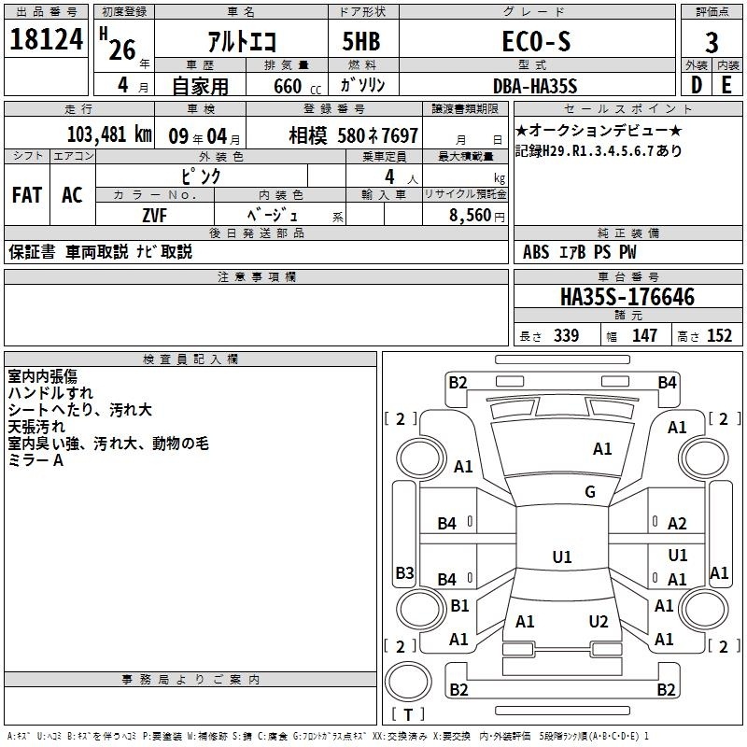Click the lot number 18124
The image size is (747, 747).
click(46, 39)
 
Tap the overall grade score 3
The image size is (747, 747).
click(712, 43)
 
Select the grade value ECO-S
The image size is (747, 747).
click(536, 41)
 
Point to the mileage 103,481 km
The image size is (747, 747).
click(109, 134)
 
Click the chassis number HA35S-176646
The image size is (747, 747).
click(627, 297)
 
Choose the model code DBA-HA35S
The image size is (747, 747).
click(535, 86)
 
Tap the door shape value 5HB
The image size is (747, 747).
click(361, 41)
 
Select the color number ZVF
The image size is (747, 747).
click(155, 216)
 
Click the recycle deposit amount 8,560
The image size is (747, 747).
click(470, 216)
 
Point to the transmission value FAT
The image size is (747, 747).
click(27, 195)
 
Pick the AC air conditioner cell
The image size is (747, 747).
click(73, 195)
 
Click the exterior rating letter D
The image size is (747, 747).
click(697, 85)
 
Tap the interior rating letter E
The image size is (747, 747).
click(726, 85)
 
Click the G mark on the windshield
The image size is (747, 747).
click(590, 491)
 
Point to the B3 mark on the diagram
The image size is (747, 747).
click(405, 572)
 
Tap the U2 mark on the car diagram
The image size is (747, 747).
click(599, 622)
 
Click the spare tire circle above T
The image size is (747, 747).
click(408, 682)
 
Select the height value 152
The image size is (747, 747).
click(719, 336)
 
